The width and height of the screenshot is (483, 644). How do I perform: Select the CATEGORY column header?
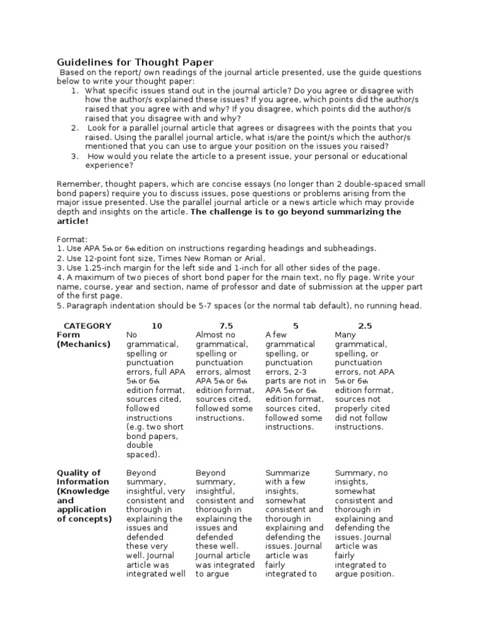click(87, 326)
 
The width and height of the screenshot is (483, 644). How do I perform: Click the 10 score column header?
click(157, 326)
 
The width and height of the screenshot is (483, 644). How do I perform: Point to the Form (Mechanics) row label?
click(84, 340)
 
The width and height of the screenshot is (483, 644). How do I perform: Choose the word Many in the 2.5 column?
click(346, 335)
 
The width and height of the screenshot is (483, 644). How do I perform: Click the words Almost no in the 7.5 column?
click(216, 335)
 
